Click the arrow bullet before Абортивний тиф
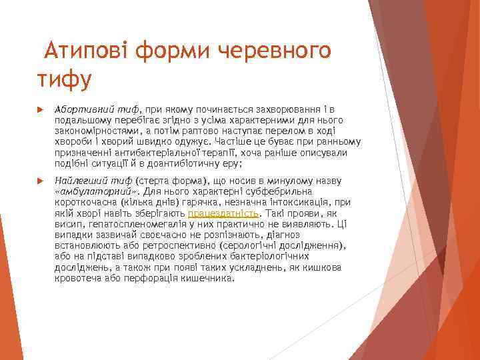pos(39,109)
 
